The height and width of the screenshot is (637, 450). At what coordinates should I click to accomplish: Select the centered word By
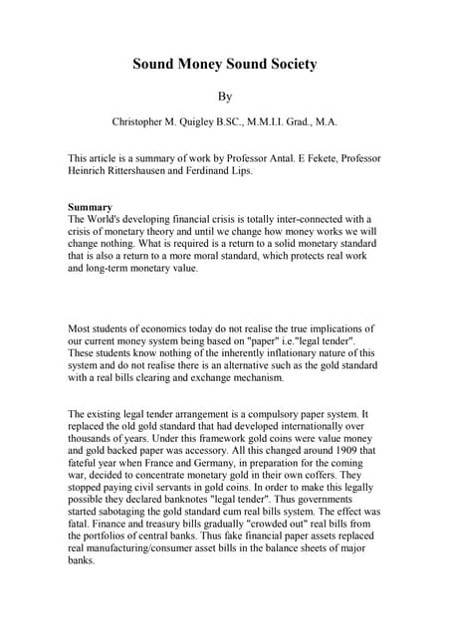[x=225, y=97]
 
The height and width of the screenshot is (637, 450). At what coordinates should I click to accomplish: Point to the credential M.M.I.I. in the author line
[x=266, y=122]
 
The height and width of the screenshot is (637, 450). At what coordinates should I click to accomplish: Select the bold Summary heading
[x=90, y=207]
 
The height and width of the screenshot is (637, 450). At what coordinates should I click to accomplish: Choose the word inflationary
[x=263, y=352]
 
